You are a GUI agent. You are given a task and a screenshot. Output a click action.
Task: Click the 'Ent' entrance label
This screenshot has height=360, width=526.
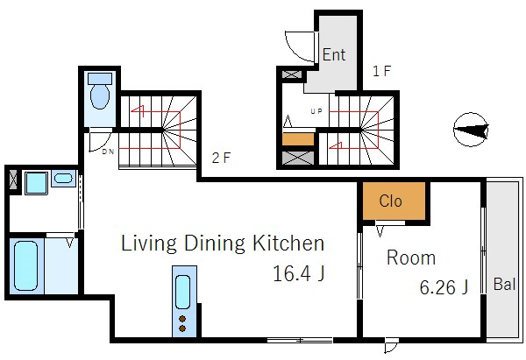coord(334,54)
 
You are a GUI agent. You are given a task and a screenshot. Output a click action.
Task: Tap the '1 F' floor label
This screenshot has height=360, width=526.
coord(381,71)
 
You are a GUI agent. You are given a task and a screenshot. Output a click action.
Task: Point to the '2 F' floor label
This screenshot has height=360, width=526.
coord(221,158)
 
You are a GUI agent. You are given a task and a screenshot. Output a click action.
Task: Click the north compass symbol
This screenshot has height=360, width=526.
coord(471,130)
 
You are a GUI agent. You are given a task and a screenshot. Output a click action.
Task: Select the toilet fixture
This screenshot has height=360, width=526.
coord(100,91)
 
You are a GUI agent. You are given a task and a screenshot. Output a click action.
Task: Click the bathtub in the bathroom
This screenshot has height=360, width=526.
coord(25,265)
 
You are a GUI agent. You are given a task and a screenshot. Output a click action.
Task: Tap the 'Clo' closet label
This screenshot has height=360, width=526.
coord(390,201)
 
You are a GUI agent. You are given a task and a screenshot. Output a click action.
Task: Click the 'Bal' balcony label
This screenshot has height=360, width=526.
coord(504,285)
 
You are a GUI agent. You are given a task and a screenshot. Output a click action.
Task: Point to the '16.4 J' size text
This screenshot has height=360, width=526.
coord(299,273)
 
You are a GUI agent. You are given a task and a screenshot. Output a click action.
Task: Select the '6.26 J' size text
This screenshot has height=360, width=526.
coord(444,287)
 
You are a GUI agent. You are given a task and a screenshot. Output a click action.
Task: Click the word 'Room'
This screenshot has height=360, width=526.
coord(411,258)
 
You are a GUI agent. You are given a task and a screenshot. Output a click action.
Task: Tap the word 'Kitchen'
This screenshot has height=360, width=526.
coord(288,243)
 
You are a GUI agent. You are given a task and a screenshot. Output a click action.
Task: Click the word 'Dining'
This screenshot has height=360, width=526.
coord(215,244)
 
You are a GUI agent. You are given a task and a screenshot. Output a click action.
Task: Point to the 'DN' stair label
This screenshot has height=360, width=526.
coord(108,152)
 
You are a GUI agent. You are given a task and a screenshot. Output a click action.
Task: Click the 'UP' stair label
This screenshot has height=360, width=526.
coord(316,111)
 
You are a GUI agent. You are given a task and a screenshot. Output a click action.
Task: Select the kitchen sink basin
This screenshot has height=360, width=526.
coord(183,292)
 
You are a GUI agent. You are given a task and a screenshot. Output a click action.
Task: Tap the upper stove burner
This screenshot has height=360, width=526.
coord(182,319)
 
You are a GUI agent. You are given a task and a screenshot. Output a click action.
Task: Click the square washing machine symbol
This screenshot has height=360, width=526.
coord(36,183)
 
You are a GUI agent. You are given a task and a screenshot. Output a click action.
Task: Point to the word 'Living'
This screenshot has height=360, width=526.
coord(149,244)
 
